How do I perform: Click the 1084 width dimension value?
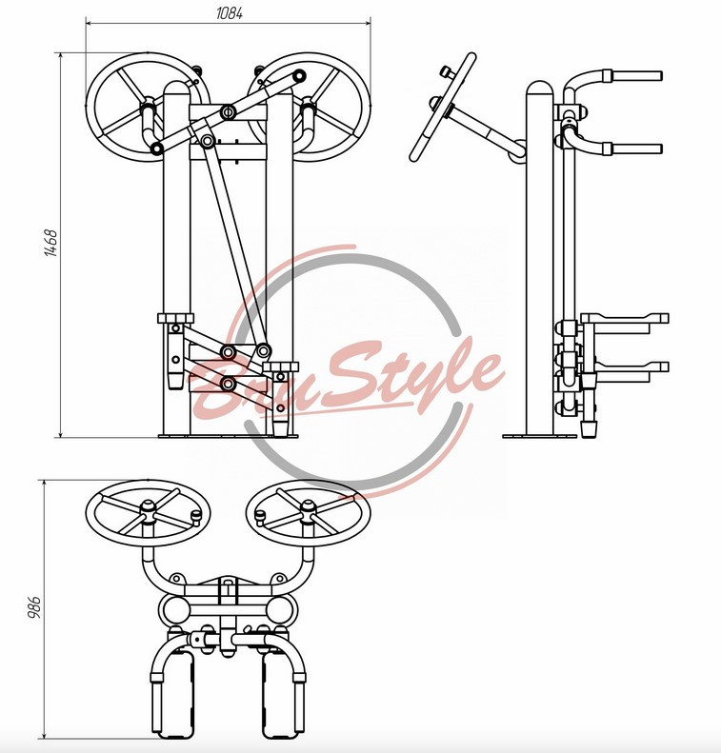click(x=229, y=13)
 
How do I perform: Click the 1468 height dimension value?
click(x=51, y=243)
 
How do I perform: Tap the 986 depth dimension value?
click(x=34, y=607)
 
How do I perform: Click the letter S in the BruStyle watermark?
click(x=338, y=380)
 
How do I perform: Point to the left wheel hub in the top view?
click(x=148, y=507)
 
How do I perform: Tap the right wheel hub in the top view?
click(x=308, y=507)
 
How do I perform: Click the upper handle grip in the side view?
click(x=636, y=76)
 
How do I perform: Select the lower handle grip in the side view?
click(x=636, y=149)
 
